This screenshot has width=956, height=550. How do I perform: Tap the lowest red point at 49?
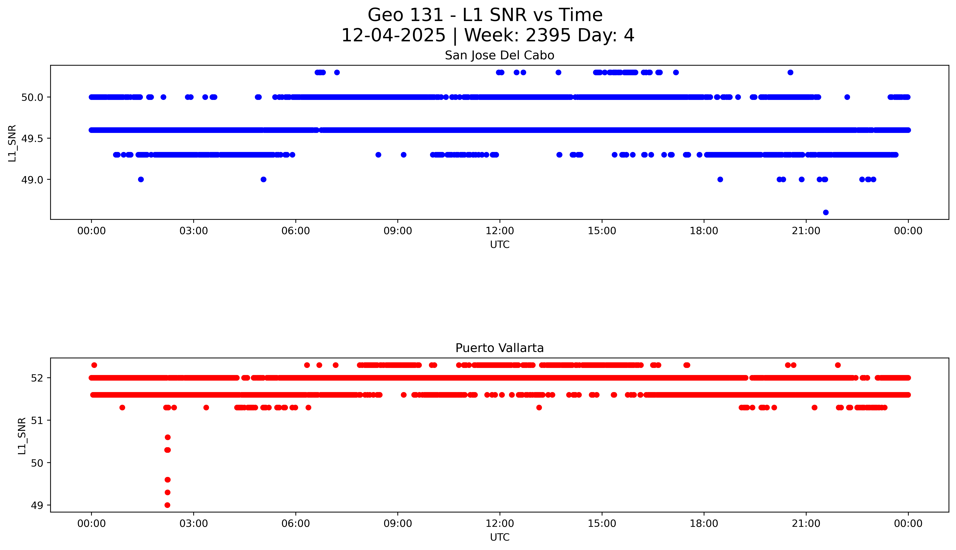[168, 505]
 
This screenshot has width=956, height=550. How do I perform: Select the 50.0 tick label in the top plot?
[31, 97]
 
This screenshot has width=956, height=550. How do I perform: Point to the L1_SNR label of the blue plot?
[12, 143]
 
